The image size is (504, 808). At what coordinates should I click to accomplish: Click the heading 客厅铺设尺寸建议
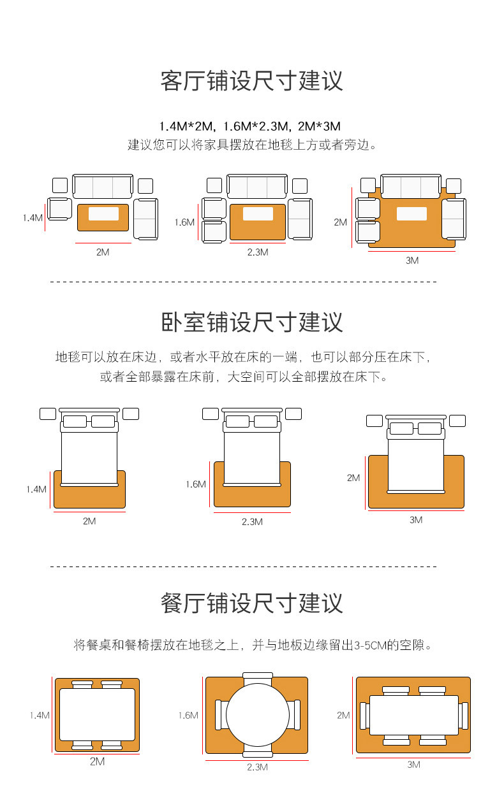coord(251,81)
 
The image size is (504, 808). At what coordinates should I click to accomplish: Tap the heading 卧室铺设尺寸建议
coord(251,322)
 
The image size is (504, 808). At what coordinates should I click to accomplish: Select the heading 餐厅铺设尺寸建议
coord(251,603)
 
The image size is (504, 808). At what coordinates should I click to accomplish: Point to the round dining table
coord(257,714)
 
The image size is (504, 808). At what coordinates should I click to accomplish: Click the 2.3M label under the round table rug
coord(257,767)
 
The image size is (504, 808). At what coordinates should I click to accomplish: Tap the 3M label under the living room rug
coord(412,261)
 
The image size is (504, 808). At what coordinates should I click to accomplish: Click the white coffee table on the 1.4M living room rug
coord(103,214)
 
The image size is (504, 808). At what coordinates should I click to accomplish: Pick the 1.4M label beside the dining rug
coord(39,716)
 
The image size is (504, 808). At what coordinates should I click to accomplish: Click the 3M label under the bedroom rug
coord(416,520)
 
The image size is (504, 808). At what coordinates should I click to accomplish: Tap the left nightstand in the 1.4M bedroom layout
coord(48,414)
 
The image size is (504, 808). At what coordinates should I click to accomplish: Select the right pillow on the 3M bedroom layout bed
coord(429,428)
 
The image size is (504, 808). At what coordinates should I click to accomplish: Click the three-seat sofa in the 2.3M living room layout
coord(257,187)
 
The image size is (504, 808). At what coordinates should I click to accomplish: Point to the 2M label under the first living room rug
coord(103,252)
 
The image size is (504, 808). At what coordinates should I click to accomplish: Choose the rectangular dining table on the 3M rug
coord(413,715)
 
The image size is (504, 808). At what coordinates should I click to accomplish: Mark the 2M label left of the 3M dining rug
coord(343,716)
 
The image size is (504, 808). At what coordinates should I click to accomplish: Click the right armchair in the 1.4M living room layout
coord(145,219)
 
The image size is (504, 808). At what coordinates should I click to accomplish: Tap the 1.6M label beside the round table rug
coord(188,716)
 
